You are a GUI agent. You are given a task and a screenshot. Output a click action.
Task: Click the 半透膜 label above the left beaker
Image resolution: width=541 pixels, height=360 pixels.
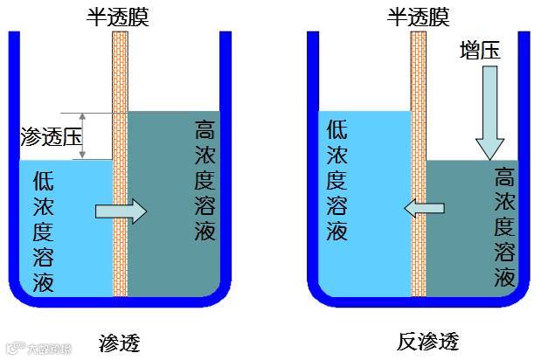(121, 15)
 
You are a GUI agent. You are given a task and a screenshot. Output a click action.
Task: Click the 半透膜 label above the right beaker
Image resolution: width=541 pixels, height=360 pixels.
(418, 15)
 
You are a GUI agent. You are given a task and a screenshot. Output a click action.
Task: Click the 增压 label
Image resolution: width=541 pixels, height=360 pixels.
(481, 52)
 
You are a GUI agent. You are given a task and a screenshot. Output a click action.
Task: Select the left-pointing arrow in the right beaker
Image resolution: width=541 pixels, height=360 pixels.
(423, 208)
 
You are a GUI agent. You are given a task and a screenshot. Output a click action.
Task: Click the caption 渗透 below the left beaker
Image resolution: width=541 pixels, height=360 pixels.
(121, 342)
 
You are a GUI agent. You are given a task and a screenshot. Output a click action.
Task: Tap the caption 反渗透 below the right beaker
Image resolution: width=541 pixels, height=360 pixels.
(427, 341)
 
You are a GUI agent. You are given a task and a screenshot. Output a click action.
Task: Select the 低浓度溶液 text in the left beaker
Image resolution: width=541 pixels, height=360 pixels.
(44, 232)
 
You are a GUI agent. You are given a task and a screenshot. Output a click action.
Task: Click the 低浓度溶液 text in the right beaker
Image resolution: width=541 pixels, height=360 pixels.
(337, 180)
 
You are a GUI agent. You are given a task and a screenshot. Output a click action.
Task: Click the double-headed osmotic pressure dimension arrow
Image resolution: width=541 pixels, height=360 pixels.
(83, 135)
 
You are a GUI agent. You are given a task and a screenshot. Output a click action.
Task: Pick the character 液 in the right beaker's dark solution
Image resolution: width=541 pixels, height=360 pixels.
(504, 279)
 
